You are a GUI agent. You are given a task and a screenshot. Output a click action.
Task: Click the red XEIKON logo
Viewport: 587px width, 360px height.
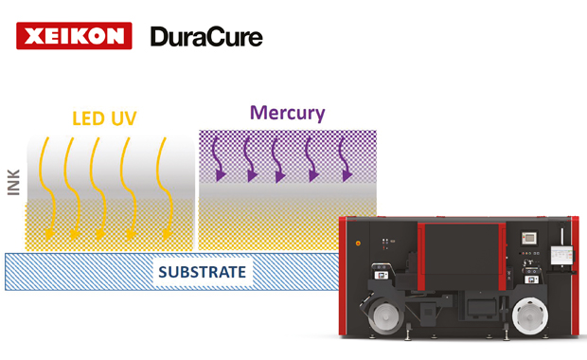click(74, 36)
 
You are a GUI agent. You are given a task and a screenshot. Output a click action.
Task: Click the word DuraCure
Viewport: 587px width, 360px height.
click(206, 37)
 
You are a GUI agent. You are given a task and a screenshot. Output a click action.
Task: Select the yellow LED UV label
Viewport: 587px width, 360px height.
click(104, 118)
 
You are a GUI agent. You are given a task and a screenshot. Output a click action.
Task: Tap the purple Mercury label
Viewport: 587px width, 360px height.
click(288, 113)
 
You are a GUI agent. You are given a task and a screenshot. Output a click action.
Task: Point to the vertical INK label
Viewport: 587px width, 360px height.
click(14, 183)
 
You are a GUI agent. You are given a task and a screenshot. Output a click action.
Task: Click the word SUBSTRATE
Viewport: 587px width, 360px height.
click(203, 272)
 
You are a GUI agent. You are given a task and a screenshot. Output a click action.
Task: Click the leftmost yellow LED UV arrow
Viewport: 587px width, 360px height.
click(47, 189)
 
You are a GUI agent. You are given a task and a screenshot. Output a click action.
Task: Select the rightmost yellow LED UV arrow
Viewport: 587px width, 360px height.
click(165, 189)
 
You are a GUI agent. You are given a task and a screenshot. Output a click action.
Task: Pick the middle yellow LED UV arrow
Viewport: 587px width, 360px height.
click(98, 189)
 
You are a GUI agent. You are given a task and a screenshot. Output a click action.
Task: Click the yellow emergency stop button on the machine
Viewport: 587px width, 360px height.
click(358, 243)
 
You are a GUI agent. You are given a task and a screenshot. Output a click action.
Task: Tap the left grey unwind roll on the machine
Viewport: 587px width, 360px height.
click(386, 317)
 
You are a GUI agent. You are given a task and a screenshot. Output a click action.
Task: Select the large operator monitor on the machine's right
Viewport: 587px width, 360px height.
click(561, 256)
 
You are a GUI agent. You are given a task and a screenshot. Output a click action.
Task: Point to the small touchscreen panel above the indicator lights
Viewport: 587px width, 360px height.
click(529, 238)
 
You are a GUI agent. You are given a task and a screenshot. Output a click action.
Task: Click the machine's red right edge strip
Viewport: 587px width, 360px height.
click(575, 276)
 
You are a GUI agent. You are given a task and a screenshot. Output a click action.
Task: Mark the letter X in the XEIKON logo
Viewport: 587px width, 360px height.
click(34, 36)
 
